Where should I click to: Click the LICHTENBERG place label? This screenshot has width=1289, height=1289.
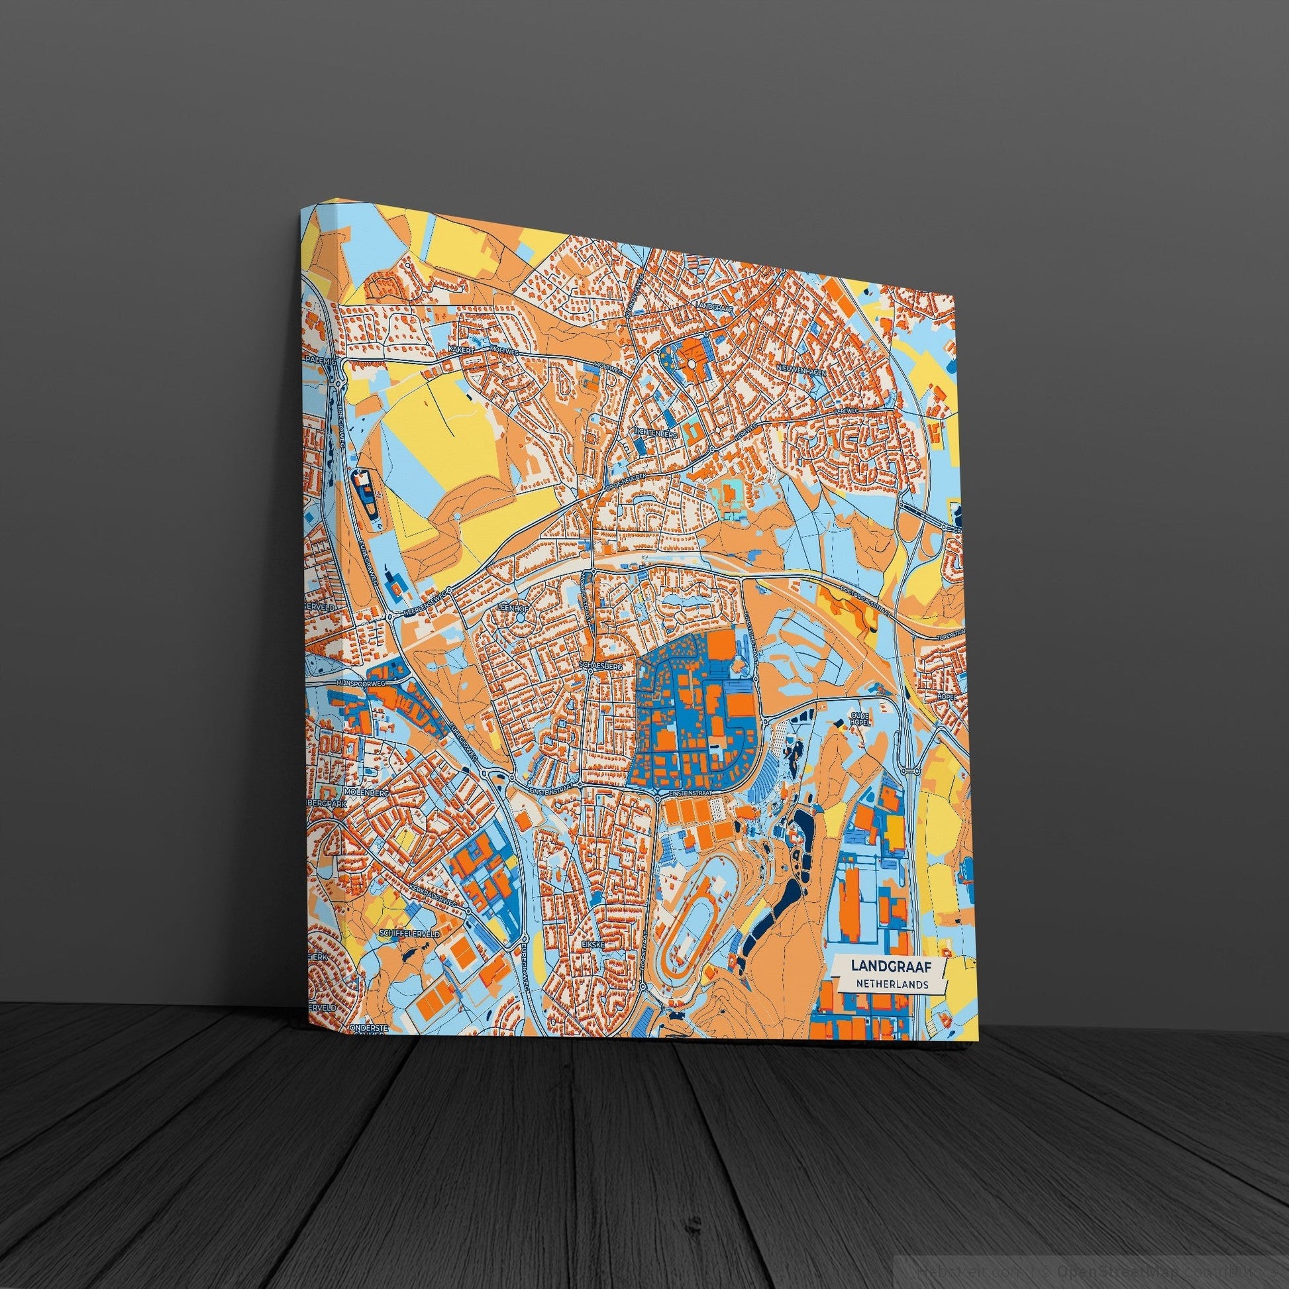point(656,434)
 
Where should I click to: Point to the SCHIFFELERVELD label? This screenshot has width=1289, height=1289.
point(409,934)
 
